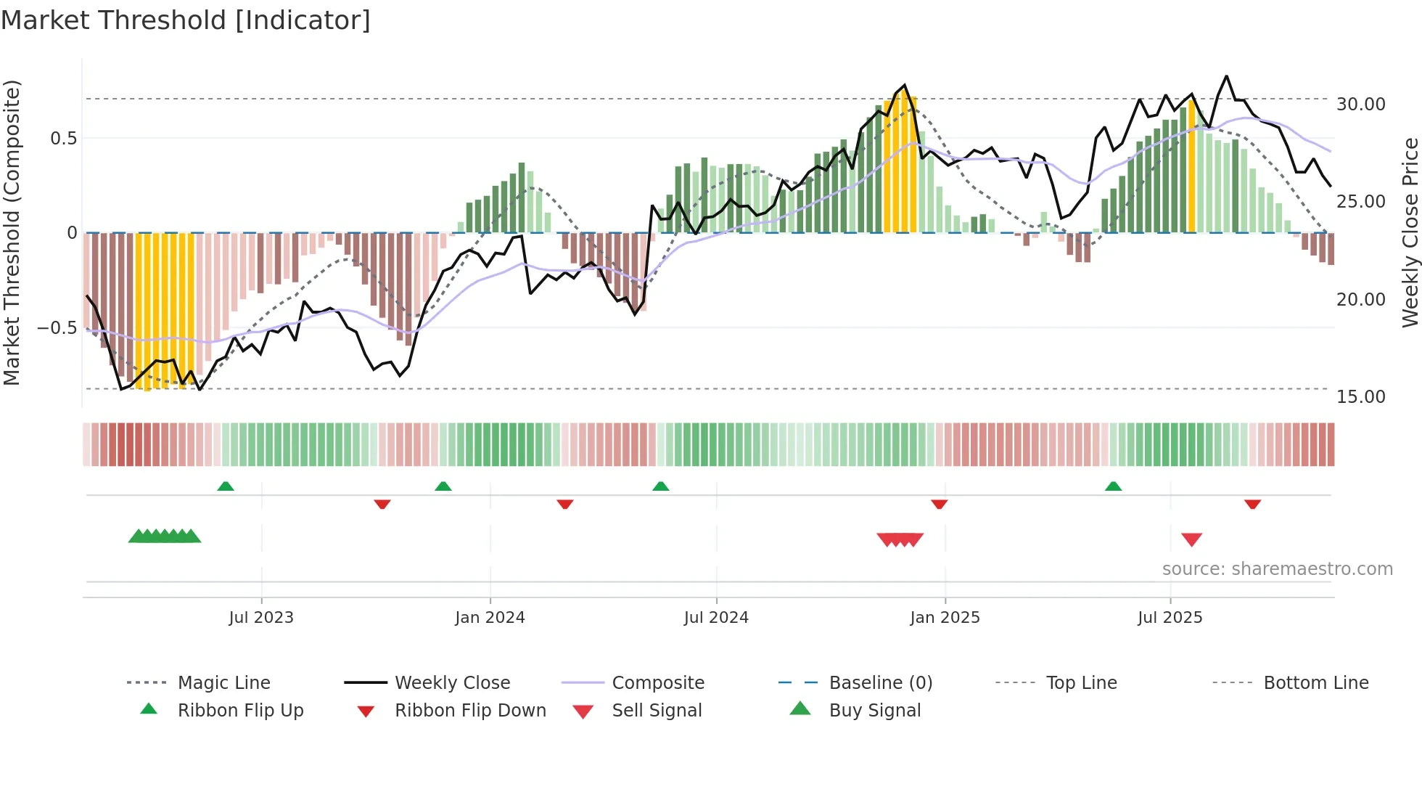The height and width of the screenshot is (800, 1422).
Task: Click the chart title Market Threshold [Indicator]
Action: pyautogui.click(x=186, y=20)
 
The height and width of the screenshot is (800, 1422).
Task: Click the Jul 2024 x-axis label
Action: pyautogui.click(x=716, y=618)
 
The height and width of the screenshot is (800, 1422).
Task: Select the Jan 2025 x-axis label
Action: pyautogui.click(x=945, y=618)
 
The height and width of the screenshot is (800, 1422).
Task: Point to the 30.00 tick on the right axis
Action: pyautogui.click(x=1360, y=105)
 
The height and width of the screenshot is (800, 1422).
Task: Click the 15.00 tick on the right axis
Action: pyautogui.click(x=1360, y=397)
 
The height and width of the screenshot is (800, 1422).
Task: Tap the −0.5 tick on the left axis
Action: pyautogui.click(x=57, y=328)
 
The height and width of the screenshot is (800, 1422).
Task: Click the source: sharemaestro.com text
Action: pyautogui.click(x=1277, y=569)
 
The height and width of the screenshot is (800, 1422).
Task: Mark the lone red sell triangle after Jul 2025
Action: pyautogui.click(x=1191, y=539)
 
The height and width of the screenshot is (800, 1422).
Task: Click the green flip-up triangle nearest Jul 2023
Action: pyautogui.click(x=226, y=486)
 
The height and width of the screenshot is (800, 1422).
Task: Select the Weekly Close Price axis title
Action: pyautogui.click(x=1410, y=232)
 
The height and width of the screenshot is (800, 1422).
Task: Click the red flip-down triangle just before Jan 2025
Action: pyautogui.click(x=939, y=504)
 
